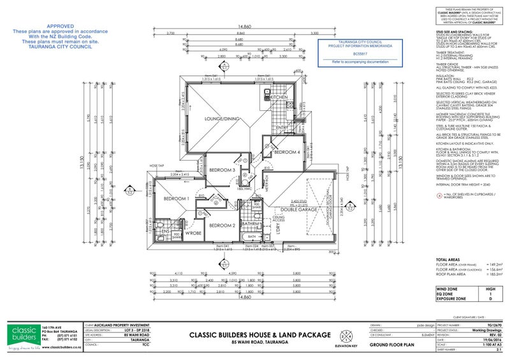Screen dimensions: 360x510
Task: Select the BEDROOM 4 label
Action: (x=286, y=152)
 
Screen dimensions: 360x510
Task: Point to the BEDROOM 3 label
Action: (x=224, y=170)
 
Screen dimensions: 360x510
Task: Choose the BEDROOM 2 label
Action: (x=224, y=225)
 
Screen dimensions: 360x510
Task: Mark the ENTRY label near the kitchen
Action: (x=282, y=128)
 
